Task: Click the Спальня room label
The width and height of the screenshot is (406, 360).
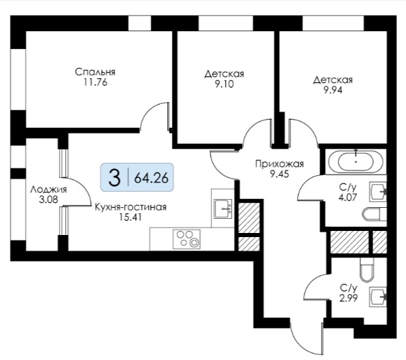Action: tap(95, 72)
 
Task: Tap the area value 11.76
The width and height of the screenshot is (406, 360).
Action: tap(95, 82)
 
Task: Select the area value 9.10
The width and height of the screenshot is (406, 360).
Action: tap(224, 84)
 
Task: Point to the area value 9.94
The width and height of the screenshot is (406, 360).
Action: tap(333, 90)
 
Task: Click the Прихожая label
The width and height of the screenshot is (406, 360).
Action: tap(280, 164)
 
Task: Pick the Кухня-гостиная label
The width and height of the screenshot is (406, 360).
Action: tap(131, 207)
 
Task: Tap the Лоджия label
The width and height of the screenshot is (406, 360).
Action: tap(48, 190)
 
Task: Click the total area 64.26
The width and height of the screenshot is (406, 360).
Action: tap(152, 178)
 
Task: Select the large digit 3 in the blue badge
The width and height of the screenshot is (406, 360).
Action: tap(114, 178)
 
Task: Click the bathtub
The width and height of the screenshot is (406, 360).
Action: tap(356, 162)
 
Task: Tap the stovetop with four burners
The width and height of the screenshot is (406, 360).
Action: tap(186, 239)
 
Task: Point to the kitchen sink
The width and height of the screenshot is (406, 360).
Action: tap(222, 209)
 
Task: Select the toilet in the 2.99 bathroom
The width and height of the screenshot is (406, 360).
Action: tap(367, 270)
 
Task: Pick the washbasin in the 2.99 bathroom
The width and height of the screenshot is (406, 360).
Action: tap(378, 296)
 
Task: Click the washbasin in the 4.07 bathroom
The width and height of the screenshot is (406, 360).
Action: tap(378, 192)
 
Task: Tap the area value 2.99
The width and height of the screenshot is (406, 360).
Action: tap(348, 298)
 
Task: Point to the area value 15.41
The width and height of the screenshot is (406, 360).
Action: tap(131, 217)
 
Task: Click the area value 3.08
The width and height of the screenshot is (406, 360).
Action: tap(48, 200)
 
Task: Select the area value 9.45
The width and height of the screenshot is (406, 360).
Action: tap(280, 174)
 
